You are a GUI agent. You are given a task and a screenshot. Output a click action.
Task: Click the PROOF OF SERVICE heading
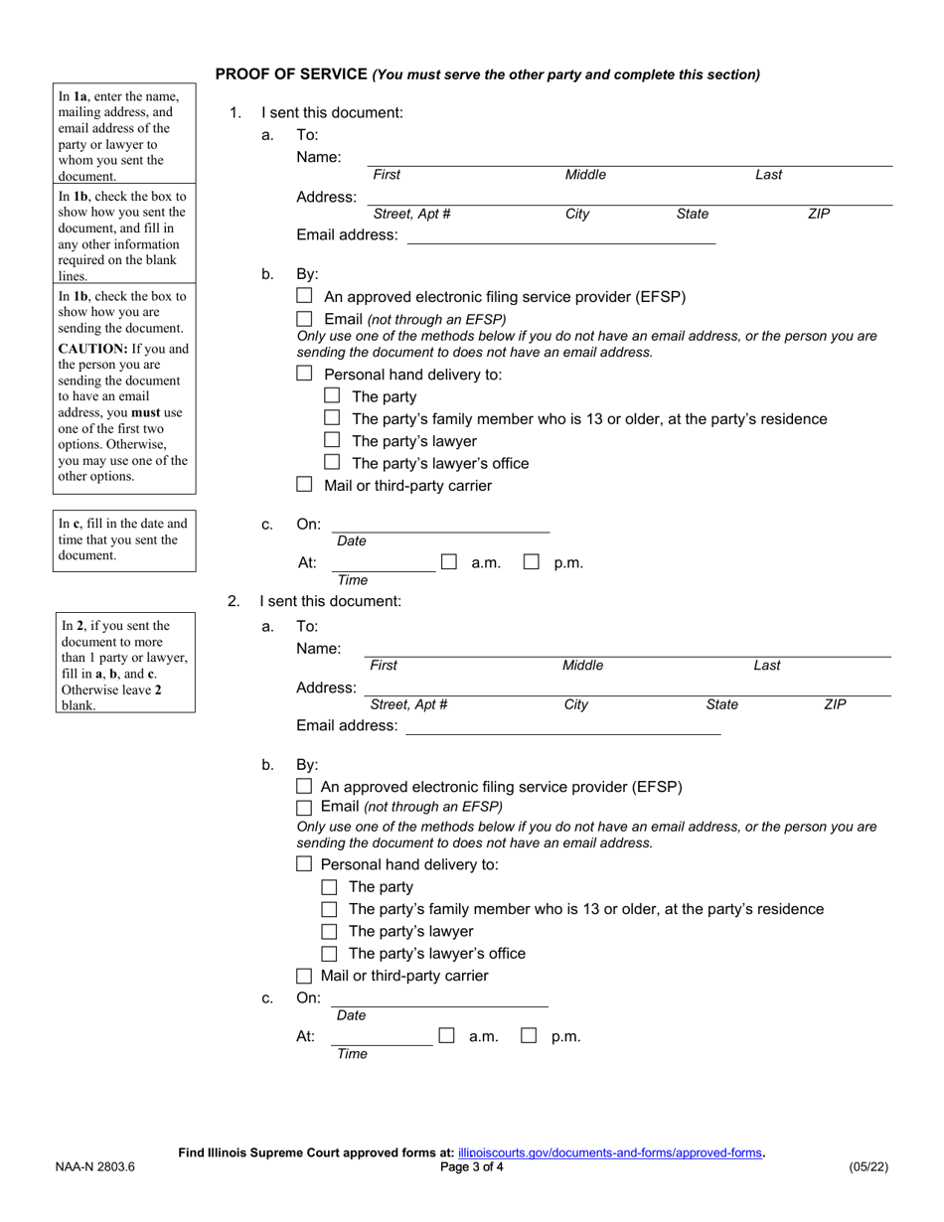[291, 75]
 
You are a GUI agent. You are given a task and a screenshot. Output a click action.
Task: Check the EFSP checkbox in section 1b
[305, 296]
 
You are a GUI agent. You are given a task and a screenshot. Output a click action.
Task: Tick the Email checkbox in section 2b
[305, 807]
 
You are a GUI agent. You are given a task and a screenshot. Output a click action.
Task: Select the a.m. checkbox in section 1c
[449, 562]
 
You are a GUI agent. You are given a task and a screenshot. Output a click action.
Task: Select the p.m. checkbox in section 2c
[530, 1035]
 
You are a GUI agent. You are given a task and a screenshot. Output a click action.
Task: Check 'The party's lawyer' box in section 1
[333, 440]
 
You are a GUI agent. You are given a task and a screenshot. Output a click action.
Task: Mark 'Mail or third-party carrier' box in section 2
[305, 976]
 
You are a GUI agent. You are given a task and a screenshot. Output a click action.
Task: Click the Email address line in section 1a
[561, 235]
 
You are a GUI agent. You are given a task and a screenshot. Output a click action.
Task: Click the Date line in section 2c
[438, 998]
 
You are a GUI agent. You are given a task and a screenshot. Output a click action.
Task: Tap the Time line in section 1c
[383, 563]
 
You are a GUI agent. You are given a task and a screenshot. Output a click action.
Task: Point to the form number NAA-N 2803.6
[95, 1167]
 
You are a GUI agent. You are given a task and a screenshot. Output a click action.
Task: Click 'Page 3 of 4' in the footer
[472, 1167]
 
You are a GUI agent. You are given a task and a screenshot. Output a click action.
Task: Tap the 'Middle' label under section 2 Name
[582, 666]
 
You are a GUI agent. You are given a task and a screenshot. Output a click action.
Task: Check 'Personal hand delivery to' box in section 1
[305, 374]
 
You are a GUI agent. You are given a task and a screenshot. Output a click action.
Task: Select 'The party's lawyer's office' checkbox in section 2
[329, 954]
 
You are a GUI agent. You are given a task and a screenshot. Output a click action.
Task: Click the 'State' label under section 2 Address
[721, 704]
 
